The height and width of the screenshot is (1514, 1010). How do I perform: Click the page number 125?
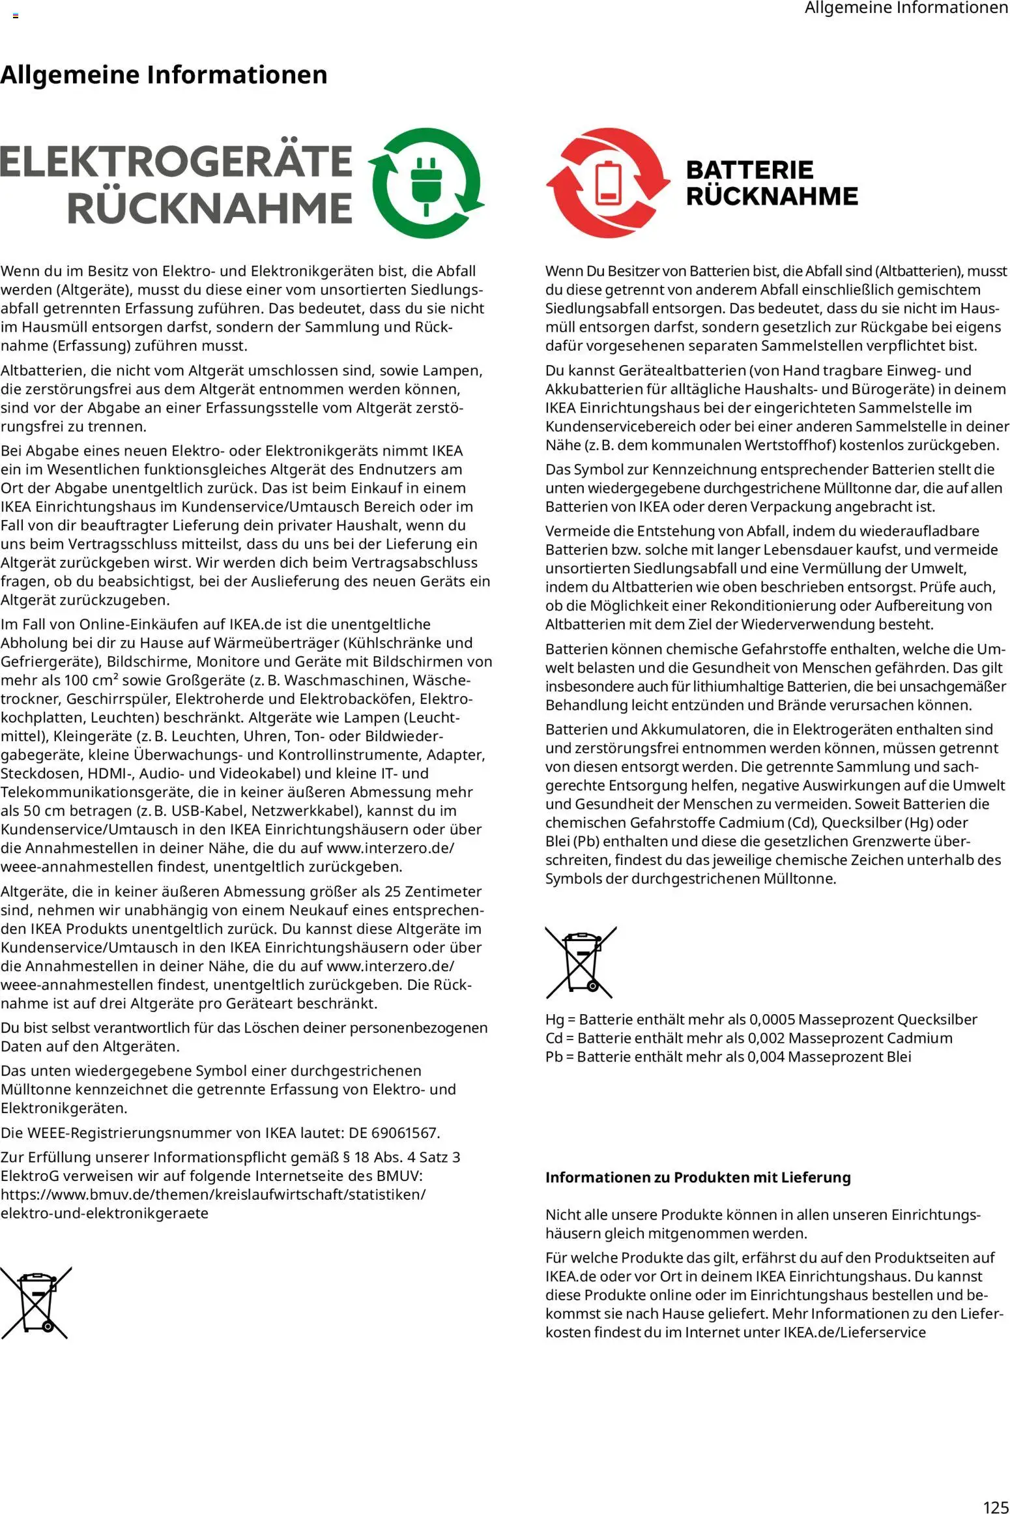995,1506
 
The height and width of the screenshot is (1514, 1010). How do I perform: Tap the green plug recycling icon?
426,182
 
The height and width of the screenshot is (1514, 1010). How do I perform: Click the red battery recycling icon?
607,182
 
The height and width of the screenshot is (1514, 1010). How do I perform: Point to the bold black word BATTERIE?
749,170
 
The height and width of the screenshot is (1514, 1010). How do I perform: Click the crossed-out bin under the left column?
36,1303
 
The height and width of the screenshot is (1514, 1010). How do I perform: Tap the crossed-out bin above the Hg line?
581,963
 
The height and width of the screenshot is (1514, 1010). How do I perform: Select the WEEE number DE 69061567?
395,1133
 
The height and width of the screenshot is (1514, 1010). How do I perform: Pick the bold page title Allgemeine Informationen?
164,75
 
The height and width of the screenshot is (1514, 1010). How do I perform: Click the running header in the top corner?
906,8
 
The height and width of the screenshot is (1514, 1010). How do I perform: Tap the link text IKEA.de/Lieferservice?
854,1332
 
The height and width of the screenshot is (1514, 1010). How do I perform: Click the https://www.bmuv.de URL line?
213,1195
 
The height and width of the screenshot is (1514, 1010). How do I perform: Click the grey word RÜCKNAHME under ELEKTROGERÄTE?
209,208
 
